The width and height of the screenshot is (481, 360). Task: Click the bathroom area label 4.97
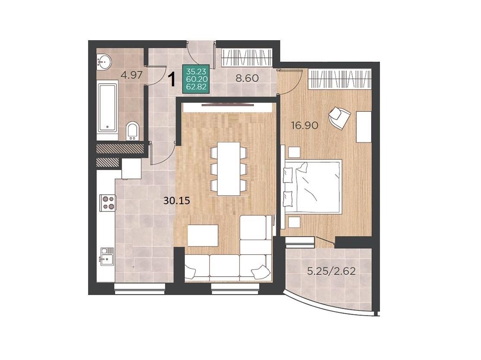(x=132, y=75)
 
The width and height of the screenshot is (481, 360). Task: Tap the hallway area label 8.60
(x=247, y=78)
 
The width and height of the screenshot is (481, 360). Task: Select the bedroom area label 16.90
(x=304, y=125)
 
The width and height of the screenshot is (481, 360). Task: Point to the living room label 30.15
(x=177, y=201)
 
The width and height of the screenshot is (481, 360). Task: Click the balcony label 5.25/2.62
(x=331, y=271)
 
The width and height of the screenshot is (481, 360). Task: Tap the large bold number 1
(x=173, y=79)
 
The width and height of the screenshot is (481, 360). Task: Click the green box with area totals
(x=196, y=79)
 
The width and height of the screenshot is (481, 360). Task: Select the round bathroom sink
(x=104, y=62)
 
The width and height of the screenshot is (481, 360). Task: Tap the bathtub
(x=108, y=111)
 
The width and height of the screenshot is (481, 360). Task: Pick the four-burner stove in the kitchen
(x=108, y=203)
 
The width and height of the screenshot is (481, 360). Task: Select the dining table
(x=228, y=169)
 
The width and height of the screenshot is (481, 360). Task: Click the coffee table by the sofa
(x=203, y=236)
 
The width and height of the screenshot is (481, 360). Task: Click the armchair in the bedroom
(x=339, y=118)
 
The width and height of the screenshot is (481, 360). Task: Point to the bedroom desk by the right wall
(x=364, y=126)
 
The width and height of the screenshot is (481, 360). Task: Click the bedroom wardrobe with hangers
(x=340, y=79)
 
